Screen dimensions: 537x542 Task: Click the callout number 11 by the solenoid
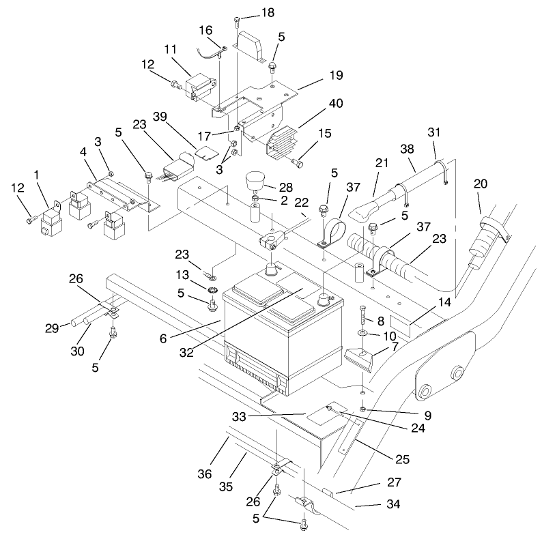(171, 50)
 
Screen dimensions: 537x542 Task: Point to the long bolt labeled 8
(360, 315)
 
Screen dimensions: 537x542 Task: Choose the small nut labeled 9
(362, 408)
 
